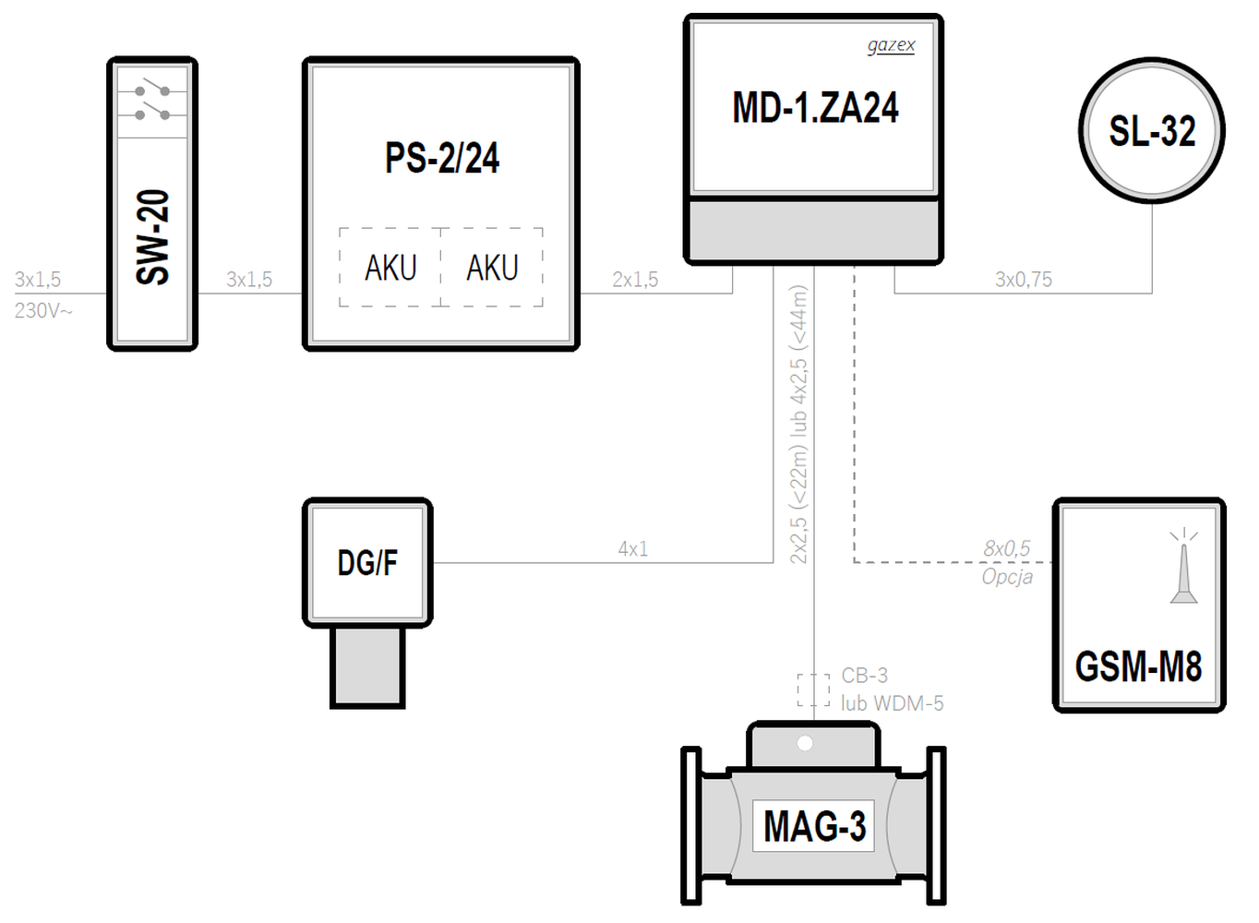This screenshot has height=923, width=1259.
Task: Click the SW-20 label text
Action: [x=153, y=237]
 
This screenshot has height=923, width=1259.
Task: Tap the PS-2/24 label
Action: [x=442, y=159]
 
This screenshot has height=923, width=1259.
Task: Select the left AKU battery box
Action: [x=390, y=268]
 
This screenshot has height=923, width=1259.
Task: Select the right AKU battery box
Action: [x=492, y=268]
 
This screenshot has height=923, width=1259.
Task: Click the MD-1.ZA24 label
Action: [x=815, y=108]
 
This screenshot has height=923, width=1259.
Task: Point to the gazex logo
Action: [x=891, y=45]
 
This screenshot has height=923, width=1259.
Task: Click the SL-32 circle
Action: [x=1152, y=130]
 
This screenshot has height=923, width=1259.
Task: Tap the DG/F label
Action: [x=367, y=562]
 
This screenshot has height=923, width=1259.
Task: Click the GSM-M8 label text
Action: [x=1138, y=666]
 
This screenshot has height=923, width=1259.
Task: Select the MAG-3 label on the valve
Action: [x=814, y=826]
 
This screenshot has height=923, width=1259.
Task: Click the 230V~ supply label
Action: [x=43, y=310]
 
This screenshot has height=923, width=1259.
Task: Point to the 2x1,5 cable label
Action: [x=635, y=280]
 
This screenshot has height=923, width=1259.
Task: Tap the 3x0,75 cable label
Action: [x=1023, y=280]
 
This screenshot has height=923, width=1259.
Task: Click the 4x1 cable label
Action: [x=633, y=549]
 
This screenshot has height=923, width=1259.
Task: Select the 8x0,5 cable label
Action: [x=1006, y=548]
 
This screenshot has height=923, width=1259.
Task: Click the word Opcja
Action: [x=1007, y=577]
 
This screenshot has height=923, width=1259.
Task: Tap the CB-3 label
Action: [x=864, y=676]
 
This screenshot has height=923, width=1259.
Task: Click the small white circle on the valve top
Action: [x=805, y=743]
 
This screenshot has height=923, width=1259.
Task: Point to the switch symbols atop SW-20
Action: [x=153, y=102]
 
